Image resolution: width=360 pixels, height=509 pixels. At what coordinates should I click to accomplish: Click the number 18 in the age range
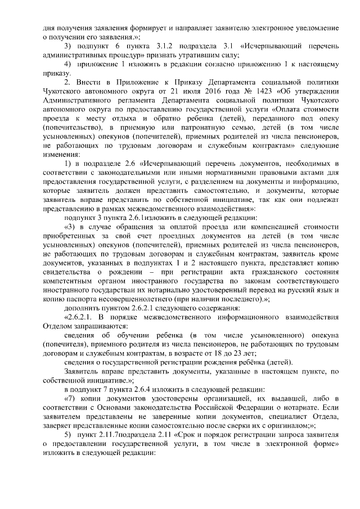click(x=214, y=353)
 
